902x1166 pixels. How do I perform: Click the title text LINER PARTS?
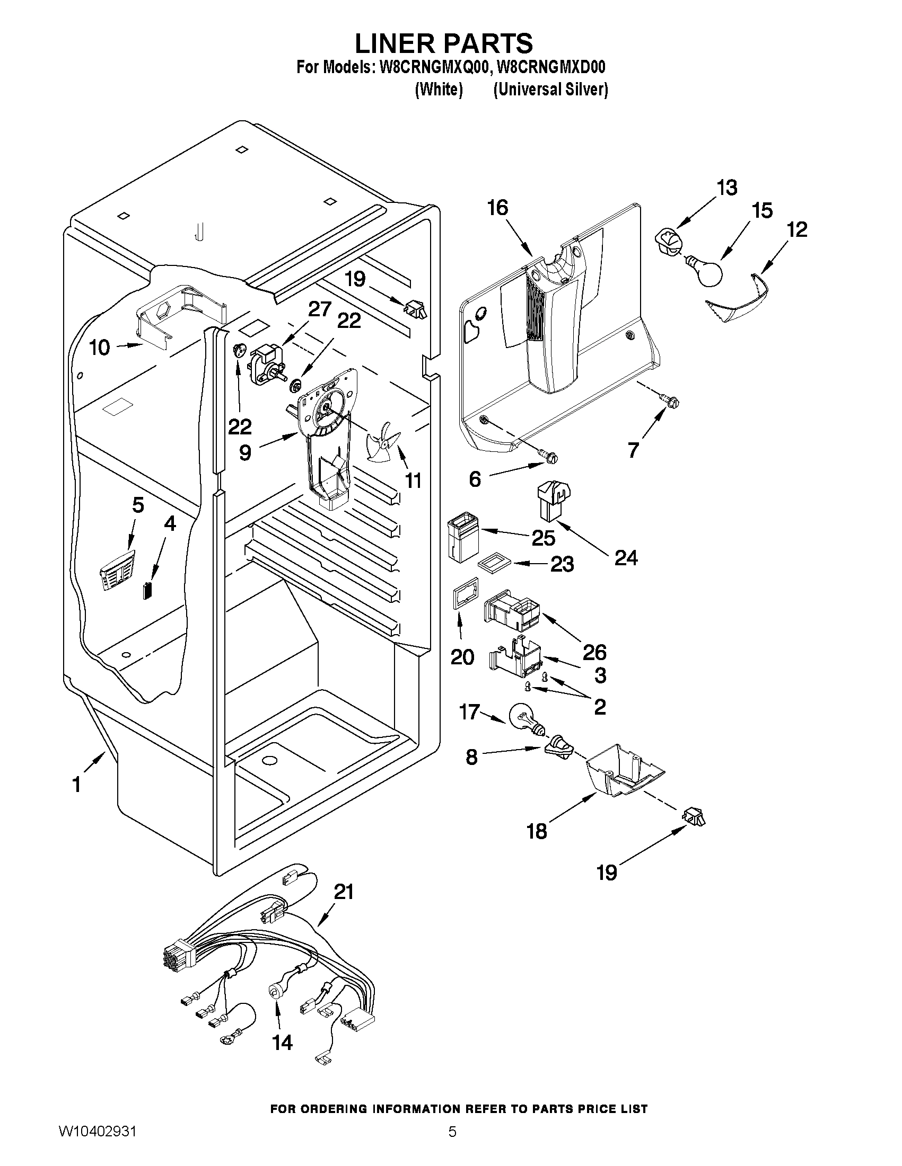(443, 43)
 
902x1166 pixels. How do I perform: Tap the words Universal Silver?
(550, 90)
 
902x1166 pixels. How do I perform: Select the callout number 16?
(497, 208)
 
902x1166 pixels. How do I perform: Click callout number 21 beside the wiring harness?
(344, 892)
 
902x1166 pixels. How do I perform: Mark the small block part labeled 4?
(147, 592)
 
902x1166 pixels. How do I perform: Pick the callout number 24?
(626, 558)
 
